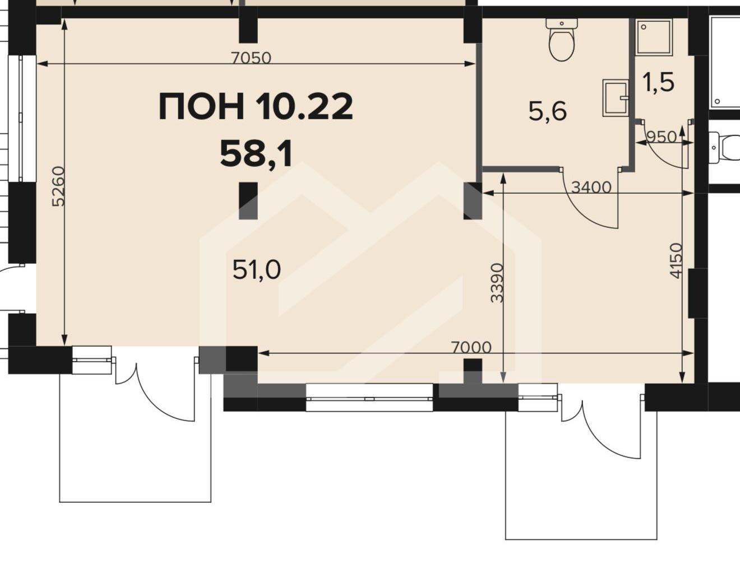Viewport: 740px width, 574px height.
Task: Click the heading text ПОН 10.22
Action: point(256,108)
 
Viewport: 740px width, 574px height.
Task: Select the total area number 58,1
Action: point(256,155)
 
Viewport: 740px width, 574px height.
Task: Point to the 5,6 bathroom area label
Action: point(548,111)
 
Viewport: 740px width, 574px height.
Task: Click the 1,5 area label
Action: point(658,83)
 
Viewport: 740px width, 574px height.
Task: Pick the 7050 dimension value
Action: point(251,58)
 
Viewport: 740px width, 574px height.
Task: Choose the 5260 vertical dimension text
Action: point(58,186)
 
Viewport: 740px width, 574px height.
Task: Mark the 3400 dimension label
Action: point(591,188)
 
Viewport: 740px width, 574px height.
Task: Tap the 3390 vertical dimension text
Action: point(497,283)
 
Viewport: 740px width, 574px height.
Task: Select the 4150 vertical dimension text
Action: point(677,260)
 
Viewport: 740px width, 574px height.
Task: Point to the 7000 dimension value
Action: point(471,347)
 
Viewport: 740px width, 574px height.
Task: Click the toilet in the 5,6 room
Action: point(562,39)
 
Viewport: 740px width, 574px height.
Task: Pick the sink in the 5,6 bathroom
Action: point(616,98)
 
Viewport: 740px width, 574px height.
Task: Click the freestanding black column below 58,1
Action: point(248,200)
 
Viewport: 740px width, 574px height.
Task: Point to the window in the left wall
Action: point(22,119)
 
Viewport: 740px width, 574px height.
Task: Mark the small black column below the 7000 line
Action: point(473,365)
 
